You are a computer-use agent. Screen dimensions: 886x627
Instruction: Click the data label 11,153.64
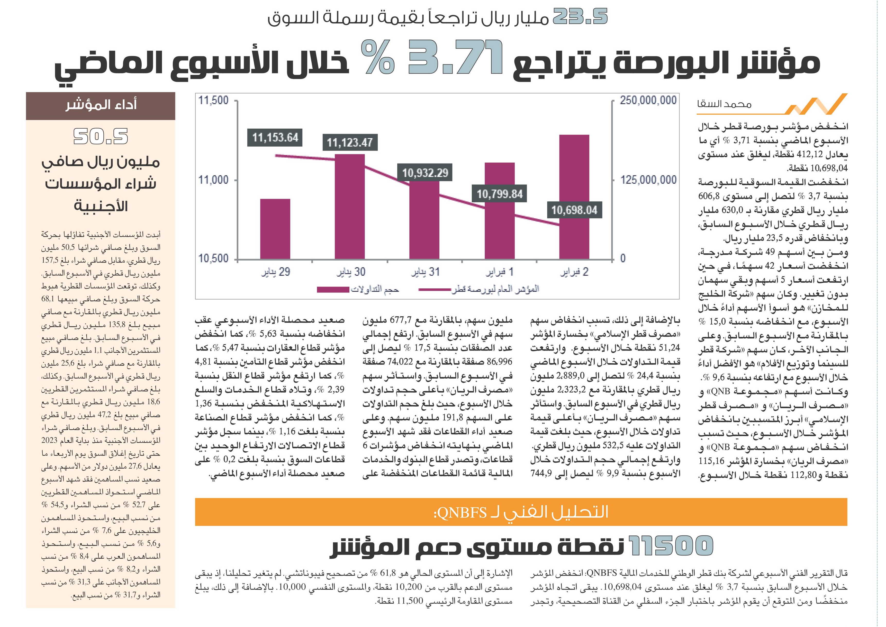pos(275,138)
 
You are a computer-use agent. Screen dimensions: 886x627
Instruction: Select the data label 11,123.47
pos(350,143)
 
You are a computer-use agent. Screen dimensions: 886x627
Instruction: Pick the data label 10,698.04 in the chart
pos(574,210)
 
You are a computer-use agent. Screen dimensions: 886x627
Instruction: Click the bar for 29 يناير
pos(275,229)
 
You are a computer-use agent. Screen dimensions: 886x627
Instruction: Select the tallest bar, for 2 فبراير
pos(574,197)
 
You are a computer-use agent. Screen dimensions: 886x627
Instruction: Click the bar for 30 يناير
pos(350,207)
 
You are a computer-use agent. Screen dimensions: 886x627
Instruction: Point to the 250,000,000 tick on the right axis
pos(648,100)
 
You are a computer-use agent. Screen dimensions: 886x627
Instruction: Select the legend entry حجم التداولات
pos(358,289)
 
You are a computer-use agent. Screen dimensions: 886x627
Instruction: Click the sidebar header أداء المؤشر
pos(101,105)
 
